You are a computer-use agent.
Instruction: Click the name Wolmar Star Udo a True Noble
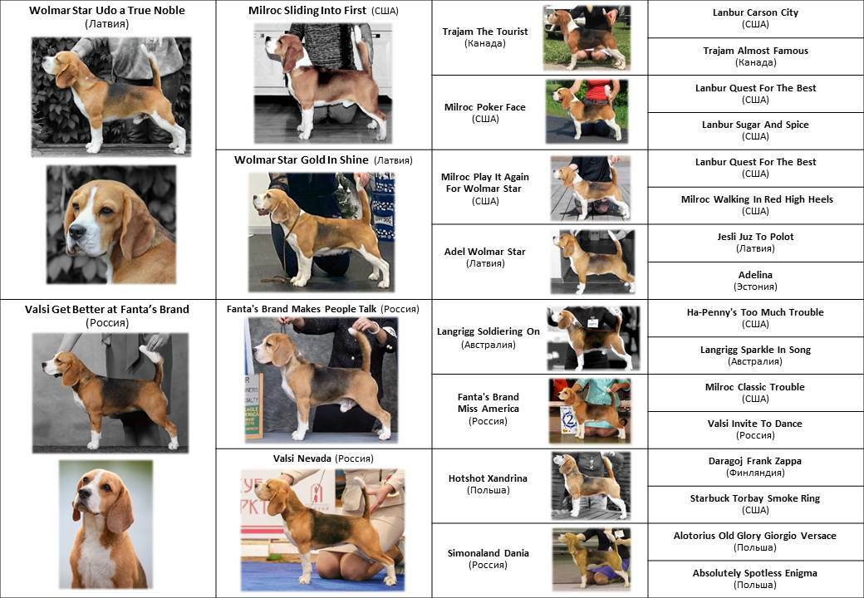point(107,11)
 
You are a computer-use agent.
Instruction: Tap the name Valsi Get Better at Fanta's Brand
point(107,310)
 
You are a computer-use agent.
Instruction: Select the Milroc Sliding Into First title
point(307,11)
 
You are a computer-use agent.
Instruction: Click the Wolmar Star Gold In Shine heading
point(302,159)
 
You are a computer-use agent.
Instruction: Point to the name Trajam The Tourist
point(485,32)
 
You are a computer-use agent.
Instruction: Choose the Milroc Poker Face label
point(485,107)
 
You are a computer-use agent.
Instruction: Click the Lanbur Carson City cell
point(755,18)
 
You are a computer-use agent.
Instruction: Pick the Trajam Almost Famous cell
point(755,56)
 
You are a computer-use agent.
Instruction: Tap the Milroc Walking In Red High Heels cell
point(755,205)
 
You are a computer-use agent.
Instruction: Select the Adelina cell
point(755,280)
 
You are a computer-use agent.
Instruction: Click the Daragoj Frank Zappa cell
point(755,467)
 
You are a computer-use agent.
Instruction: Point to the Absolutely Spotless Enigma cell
point(755,579)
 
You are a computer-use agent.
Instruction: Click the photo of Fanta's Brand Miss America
point(590,411)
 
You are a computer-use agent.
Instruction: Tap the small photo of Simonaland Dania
point(592,559)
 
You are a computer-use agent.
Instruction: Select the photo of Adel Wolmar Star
point(593,262)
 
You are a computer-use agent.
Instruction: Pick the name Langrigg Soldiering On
point(488,331)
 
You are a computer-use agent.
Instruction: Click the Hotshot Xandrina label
point(488,478)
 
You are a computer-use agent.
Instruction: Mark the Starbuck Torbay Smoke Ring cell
point(755,504)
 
